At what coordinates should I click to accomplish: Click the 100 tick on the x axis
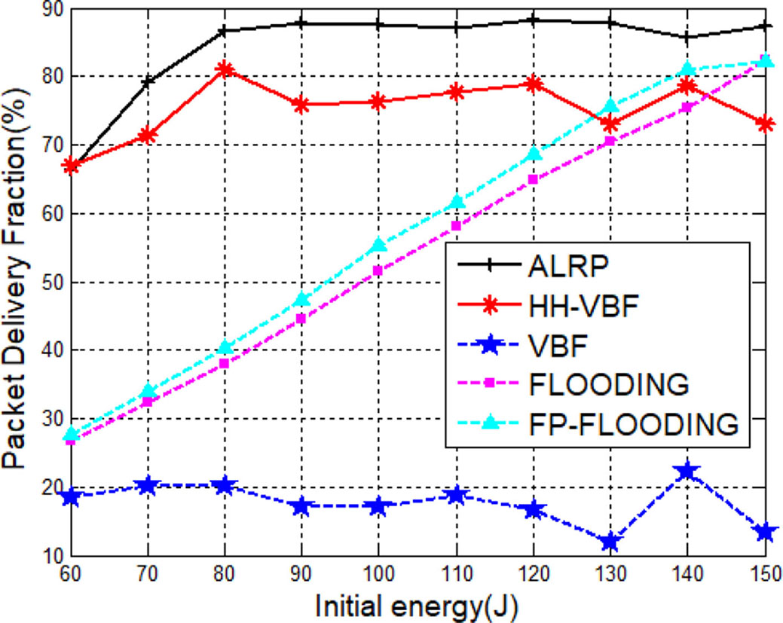(x=378, y=573)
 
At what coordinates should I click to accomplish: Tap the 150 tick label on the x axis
(x=763, y=573)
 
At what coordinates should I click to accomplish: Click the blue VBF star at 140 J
(x=687, y=472)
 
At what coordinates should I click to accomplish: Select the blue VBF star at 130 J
(x=610, y=542)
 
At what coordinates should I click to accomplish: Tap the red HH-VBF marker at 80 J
(x=224, y=70)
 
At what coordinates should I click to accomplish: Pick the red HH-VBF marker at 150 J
(x=764, y=124)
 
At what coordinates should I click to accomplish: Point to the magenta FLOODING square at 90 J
(x=301, y=318)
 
